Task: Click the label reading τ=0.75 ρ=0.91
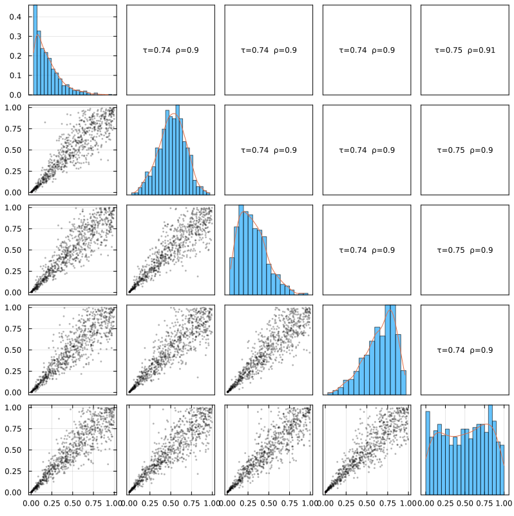465,50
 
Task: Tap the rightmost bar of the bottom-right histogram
502,468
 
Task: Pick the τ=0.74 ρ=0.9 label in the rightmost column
465,350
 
